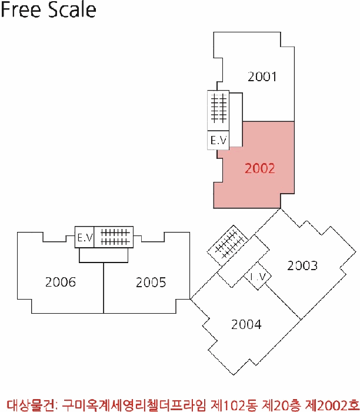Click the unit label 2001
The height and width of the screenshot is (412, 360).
click(x=262, y=77)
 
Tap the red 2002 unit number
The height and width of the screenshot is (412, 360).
click(x=260, y=168)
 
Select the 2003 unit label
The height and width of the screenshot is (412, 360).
click(x=302, y=265)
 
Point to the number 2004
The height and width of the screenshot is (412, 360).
click(x=246, y=324)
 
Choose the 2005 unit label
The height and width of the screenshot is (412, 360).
click(x=151, y=283)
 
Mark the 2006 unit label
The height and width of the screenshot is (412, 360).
click(x=61, y=283)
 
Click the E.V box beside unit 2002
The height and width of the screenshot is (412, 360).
click(x=218, y=140)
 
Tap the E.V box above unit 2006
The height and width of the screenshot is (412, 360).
click(x=85, y=237)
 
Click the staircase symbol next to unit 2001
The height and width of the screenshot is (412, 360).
click(x=219, y=109)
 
